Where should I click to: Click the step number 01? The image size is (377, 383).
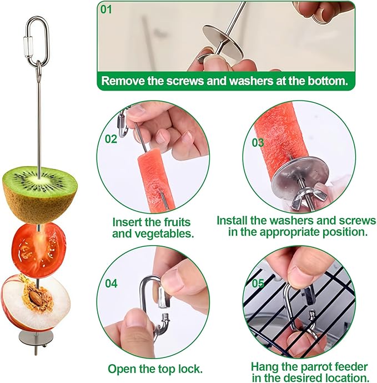[x=105, y=9]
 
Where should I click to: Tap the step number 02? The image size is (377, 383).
[x=111, y=138]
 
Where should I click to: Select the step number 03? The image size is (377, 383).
[x=258, y=142]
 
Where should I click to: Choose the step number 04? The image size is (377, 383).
[x=111, y=283]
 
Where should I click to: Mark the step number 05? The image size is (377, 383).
[x=258, y=283]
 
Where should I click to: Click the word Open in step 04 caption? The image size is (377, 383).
[x=122, y=369]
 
